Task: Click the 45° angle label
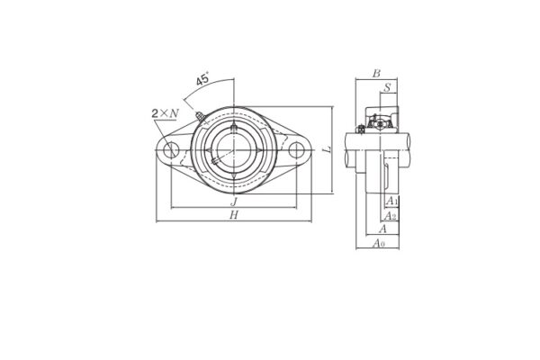pos(203,81)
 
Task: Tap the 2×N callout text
pos(164,112)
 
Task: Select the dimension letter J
pos(233,202)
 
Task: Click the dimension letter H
pos(233,216)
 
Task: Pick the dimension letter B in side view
pos(377,74)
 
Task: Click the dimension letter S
pos(387,87)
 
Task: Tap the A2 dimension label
pos(390,216)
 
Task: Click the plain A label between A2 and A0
pos(382,229)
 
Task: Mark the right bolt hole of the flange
pos(294,149)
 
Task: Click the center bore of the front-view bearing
pos(233,149)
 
